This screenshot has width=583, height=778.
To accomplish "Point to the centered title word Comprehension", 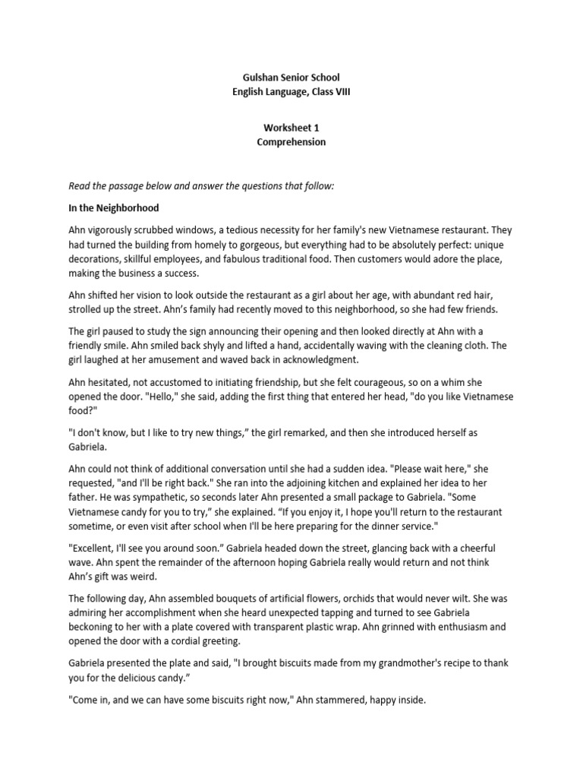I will [291, 142].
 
